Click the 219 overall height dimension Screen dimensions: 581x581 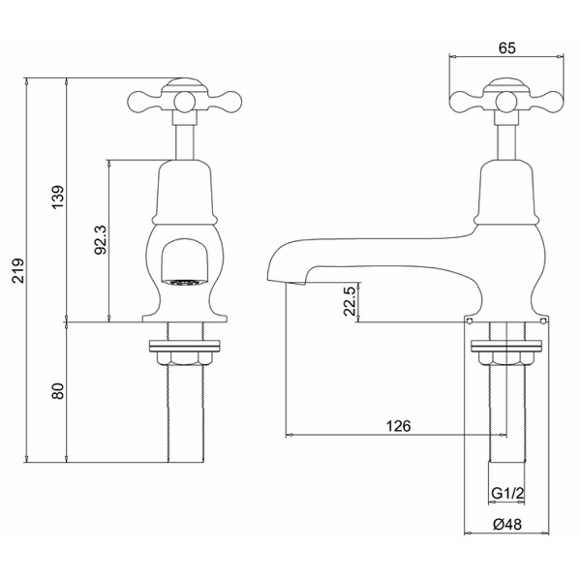[x=18, y=270]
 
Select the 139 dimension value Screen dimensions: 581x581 [x=58, y=197]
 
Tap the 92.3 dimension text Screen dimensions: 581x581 [x=101, y=240]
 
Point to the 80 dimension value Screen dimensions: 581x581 [x=58, y=391]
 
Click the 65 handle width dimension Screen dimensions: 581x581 [x=506, y=47]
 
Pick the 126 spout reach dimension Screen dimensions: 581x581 [x=399, y=426]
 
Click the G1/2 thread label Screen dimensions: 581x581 [x=507, y=494]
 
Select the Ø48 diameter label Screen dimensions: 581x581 [x=507, y=524]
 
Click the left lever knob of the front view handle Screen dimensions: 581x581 [x=140, y=101]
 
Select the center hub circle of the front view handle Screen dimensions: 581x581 [x=184, y=102]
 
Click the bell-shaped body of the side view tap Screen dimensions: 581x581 [x=506, y=192]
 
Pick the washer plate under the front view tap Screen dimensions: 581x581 [x=184, y=346]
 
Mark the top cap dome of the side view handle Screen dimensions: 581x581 [x=506, y=83]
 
